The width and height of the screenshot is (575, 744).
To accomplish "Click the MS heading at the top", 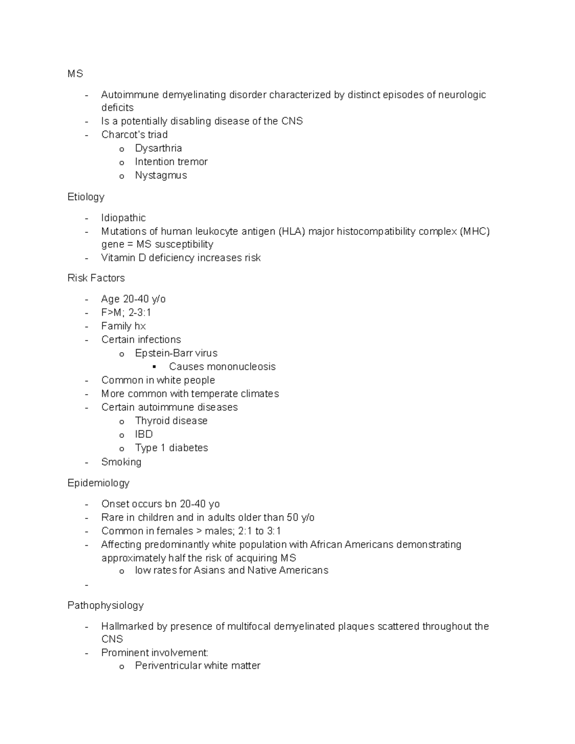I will [75, 74].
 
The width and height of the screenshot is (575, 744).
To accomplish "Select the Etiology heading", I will [86, 197].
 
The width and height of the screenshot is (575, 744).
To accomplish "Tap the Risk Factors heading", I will [96, 278].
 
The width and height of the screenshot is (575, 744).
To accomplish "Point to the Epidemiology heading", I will [98, 483].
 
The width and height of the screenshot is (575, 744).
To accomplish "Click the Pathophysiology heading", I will [105, 606].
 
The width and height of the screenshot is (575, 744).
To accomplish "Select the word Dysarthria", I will [158, 149].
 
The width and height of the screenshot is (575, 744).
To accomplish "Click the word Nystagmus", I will [161, 175].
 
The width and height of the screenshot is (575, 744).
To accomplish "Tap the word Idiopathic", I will [123, 218].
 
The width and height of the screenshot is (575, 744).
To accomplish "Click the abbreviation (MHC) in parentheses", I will [474, 231].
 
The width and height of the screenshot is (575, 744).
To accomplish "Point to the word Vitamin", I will [117, 258].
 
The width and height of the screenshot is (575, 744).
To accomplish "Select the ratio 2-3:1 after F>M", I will [140, 312].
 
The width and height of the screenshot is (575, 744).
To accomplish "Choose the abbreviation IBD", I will [144, 434].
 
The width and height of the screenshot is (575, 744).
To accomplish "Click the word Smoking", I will [121, 462].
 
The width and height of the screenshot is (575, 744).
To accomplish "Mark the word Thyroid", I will [151, 421].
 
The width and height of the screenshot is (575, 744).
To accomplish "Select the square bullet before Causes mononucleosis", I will [154, 367].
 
